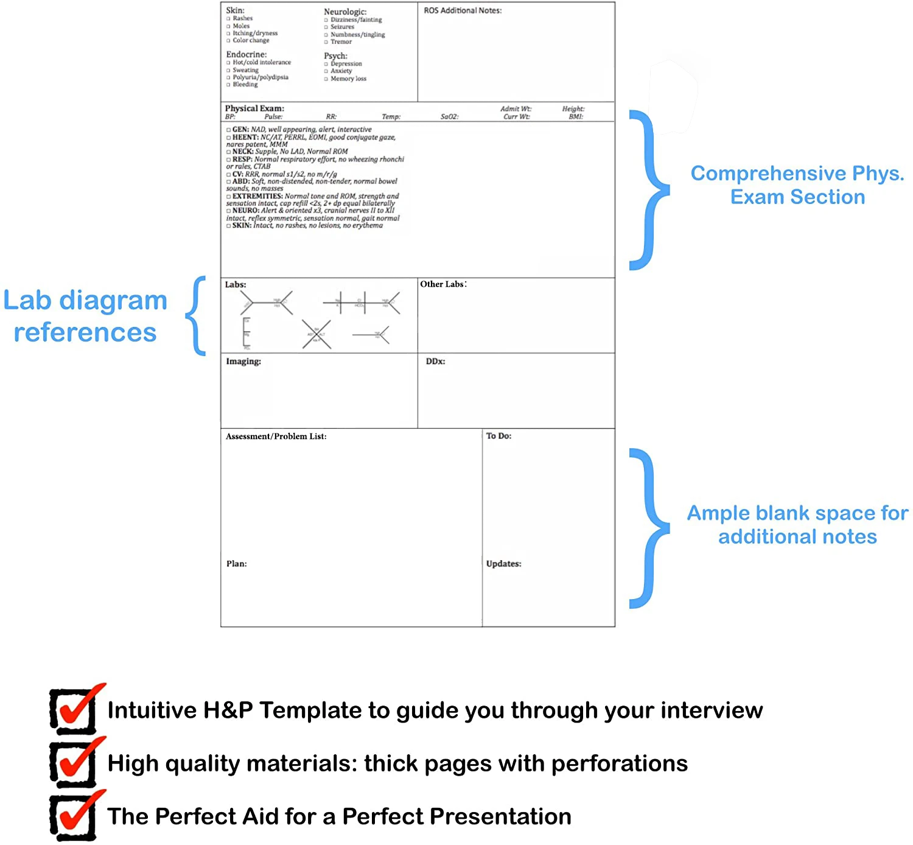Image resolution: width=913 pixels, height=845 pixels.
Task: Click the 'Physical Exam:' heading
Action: click(254, 108)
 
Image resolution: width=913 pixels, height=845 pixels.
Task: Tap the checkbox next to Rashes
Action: click(228, 19)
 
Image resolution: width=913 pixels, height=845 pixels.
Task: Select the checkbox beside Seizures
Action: click(326, 27)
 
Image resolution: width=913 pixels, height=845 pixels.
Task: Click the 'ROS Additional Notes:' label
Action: click(463, 10)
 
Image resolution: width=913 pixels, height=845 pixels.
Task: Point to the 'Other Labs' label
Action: click(443, 284)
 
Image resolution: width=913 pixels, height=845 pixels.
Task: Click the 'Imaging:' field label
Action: click(243, 362)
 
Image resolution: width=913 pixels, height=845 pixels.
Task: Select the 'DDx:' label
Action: click(435, 362)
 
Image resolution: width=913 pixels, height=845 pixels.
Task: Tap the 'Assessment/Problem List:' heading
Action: click(276, 437)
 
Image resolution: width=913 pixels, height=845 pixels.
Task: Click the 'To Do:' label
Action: click(498, 436)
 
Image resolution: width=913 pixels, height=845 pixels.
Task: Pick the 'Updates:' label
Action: click(503, 564)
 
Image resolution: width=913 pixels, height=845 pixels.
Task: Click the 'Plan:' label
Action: click(236, 564)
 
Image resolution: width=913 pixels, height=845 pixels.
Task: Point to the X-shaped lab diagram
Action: click(317, 334)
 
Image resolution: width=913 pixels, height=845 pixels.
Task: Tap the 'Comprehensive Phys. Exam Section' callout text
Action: click(797, 185)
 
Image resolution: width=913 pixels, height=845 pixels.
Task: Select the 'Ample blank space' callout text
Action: click(797, 525)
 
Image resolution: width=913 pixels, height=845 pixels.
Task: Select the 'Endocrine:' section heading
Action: click(246, 55)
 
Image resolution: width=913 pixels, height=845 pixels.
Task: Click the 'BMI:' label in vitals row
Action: click(576, 117)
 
